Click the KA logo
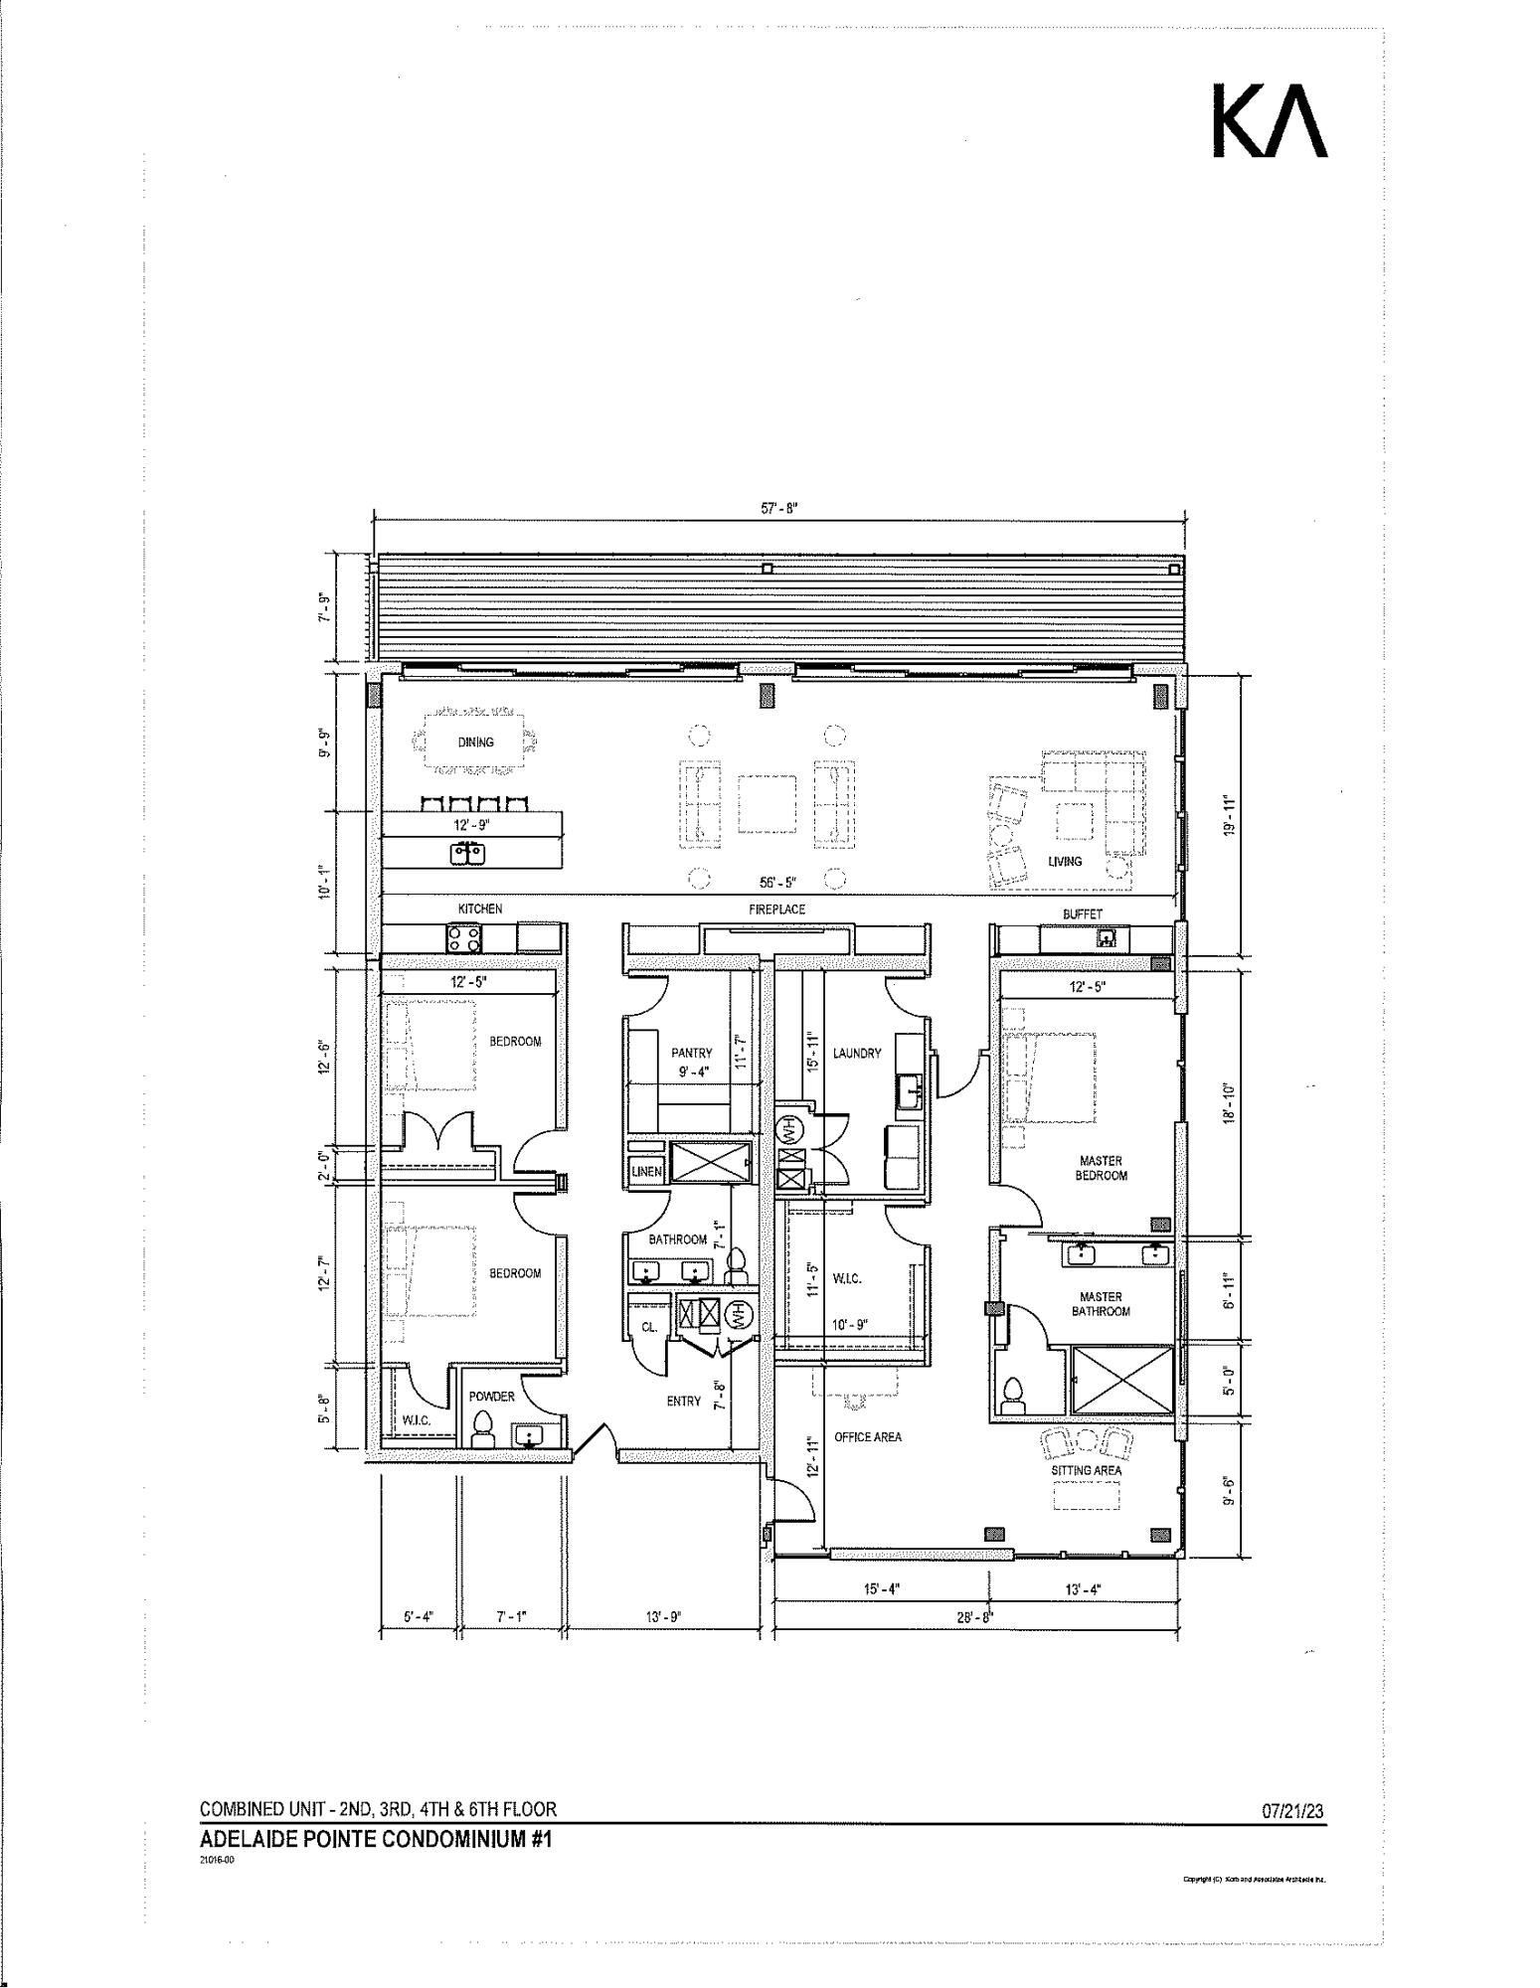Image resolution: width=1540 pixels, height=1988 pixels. [x=1270, y=120]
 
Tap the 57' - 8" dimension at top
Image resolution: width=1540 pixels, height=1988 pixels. [x=779, y=508]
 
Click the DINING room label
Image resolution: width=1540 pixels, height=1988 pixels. [x=475, y=742]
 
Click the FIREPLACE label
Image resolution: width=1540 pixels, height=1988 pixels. [x=776, y=910]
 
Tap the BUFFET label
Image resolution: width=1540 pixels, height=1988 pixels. [x=1082, y=913]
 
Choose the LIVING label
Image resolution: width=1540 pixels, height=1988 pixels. [x=1064, y=861]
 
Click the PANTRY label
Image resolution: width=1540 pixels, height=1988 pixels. [x=691, y=1053]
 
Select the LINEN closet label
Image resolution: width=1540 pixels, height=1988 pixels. [x=646, y=1172]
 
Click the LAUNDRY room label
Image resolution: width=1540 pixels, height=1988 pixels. [x=856, y=1053]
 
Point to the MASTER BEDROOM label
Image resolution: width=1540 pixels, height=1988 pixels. [x=1101, y=1168]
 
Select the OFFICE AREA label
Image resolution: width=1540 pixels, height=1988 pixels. [x=867, y=1437]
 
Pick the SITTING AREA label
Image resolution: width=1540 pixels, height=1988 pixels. [x=1086, y=1470]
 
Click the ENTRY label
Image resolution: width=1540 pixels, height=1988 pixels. [x=683, y=1402]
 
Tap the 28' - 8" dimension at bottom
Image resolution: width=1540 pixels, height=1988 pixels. [x=976, y=1617]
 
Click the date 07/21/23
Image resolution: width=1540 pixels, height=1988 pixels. [x=1292, y=1811]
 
